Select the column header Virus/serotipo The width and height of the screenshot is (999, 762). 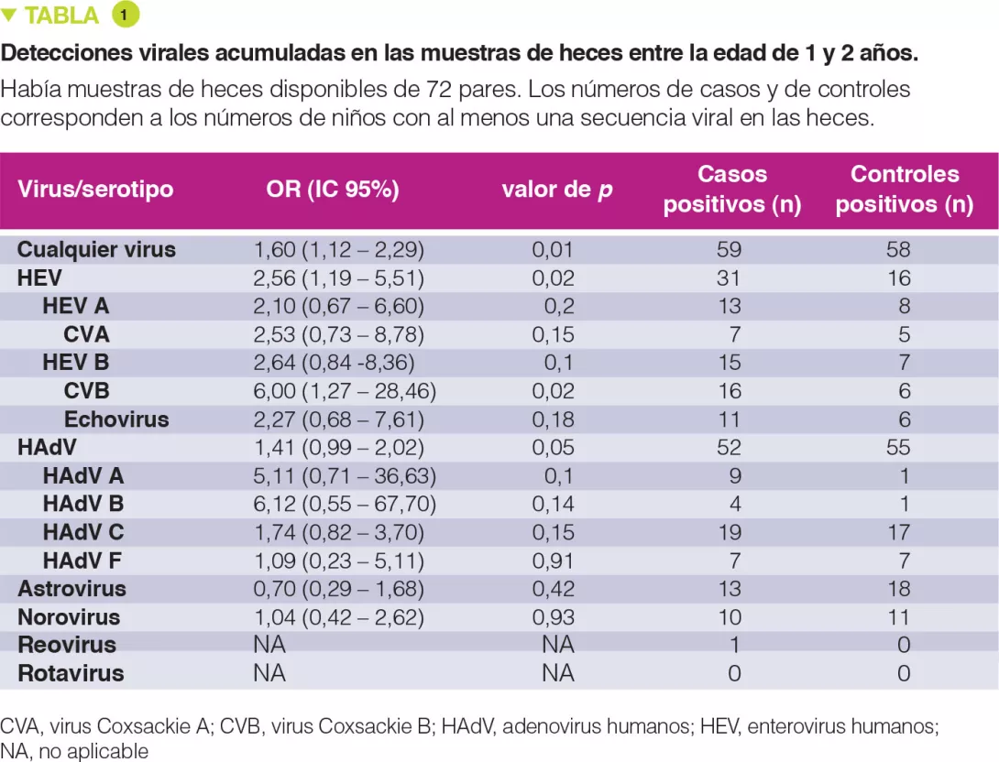tap(95, 190)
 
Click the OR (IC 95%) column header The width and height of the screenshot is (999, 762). tap(333, 190)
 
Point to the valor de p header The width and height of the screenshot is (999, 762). tap(557, 190)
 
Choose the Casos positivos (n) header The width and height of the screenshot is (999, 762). tap(732, 190)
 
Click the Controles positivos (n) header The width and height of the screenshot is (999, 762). tap(904, 190)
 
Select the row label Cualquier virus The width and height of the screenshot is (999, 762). tap(96, 249)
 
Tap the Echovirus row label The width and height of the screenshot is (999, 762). tap(116, 419)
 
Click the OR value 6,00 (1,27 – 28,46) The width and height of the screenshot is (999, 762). tap(345, 391)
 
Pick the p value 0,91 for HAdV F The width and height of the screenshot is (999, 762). tap(554, 561)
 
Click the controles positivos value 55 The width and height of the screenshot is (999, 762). tap(899, 448)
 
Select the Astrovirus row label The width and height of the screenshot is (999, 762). tap(71, 589)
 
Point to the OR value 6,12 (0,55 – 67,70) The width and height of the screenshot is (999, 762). tap(345, 505)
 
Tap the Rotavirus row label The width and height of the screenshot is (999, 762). tap(71, 673)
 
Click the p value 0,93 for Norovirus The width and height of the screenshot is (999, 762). tap(554, 617)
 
